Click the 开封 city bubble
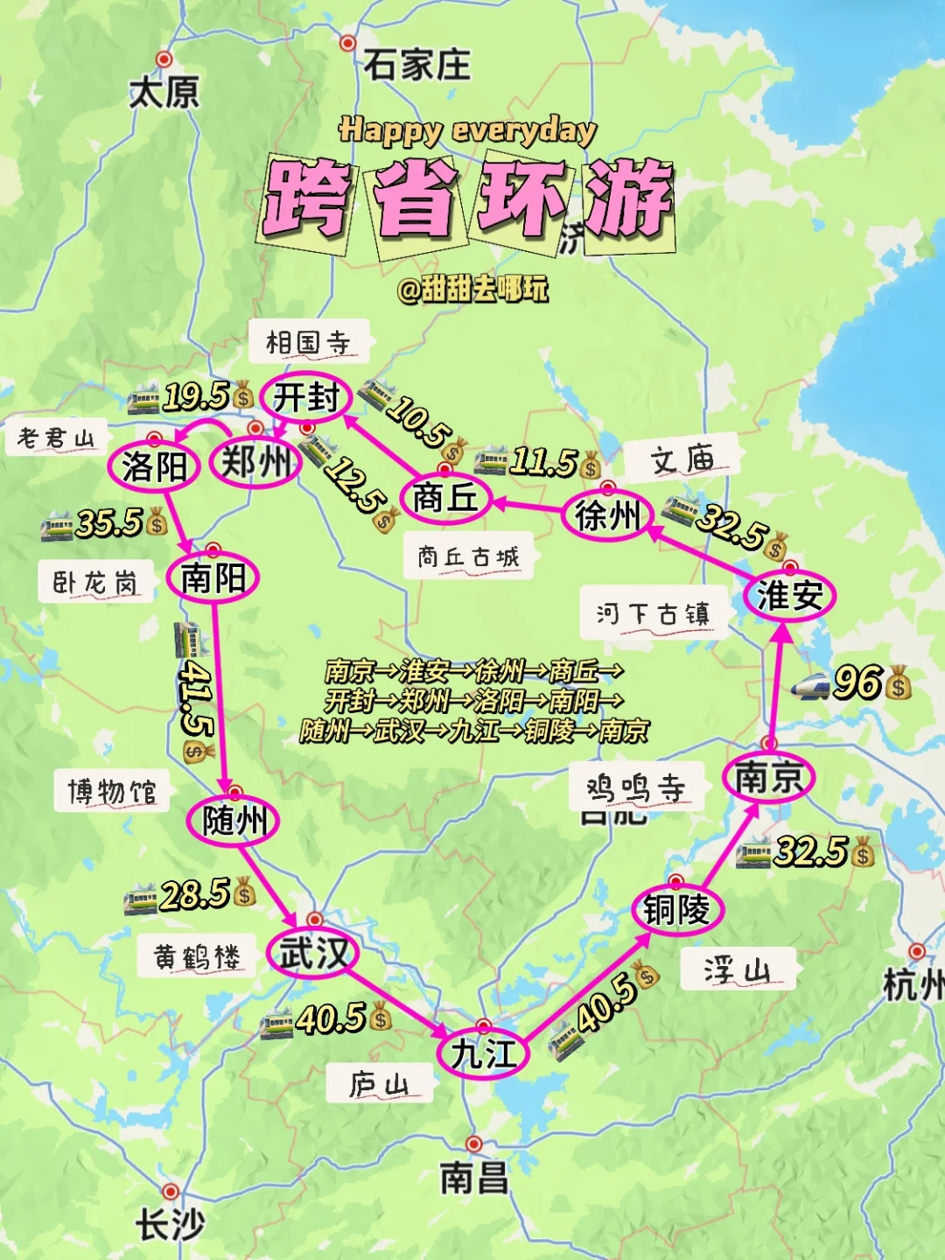click(306, 398)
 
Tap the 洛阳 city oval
click(155, 466)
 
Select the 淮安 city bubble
click(789, 596)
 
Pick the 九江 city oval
click(484, 1053)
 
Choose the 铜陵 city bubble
click(676, 910)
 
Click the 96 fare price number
click(857, 682)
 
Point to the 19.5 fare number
click(196, 396)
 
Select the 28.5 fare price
click(194, 894)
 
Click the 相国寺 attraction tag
click(308, 342)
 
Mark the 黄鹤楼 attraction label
click(197, 956)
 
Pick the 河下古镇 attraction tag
click(653, 613)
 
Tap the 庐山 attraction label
click(379, 1085)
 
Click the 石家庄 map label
click(417, 65)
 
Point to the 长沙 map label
click(169, 1224)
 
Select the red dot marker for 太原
click(164, 59)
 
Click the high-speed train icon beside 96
click(809, 686)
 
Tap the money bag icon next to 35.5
click(157, 523)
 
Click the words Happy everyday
click(468, 130)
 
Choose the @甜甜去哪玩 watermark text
click(472, 288)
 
